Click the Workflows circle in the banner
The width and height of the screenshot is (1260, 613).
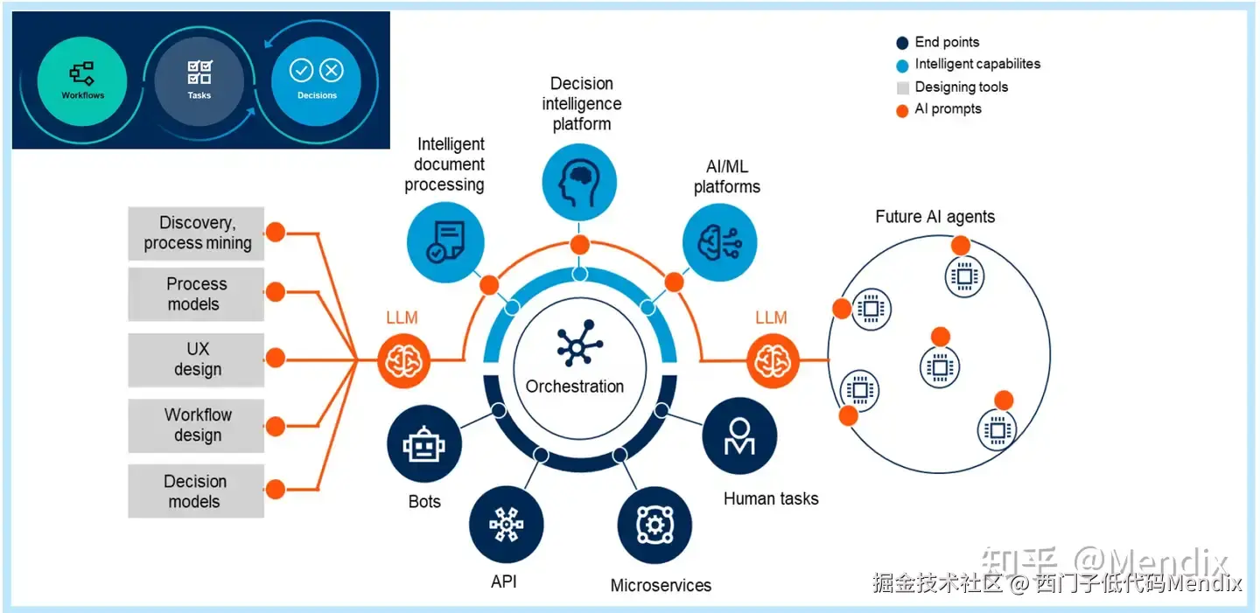[83, 80]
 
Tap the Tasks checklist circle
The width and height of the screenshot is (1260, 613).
[199, 80]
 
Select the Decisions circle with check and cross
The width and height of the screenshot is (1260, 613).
[316, 80]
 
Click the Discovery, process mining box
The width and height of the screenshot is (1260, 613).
[196, 233]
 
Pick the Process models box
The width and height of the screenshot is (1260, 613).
[196, 295]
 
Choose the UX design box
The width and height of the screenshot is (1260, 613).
[196, 359]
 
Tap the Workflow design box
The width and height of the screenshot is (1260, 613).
[196, 425]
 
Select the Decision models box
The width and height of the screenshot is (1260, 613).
[196, 491]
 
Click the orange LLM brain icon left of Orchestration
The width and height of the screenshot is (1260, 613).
[403, 359]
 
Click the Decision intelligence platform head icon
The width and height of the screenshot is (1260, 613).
[579, 181]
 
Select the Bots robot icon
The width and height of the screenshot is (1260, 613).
[424, 446]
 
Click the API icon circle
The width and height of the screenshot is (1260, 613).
[506, 525]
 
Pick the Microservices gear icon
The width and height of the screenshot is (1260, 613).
[654, 526]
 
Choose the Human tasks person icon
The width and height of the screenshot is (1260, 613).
[739, 436]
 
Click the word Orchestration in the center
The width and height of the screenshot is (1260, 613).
[575, 387]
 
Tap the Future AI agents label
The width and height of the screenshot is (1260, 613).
[934, 217]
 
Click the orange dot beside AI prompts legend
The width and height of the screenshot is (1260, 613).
[902, 110]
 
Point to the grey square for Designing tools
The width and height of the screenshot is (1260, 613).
[902, 87]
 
